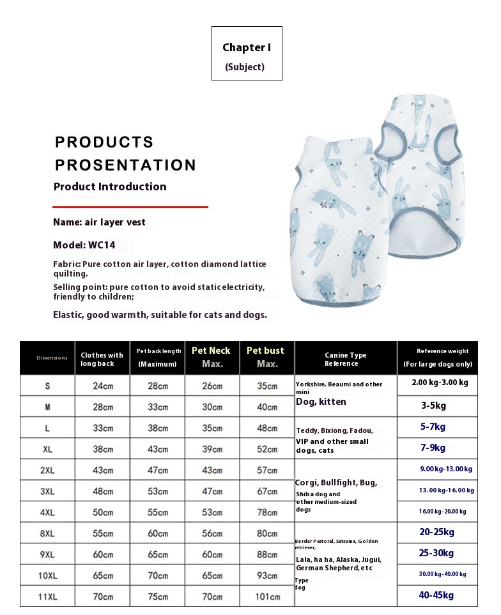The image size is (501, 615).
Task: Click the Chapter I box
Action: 247,53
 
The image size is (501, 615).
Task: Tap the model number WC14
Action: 102,245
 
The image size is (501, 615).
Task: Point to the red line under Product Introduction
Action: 130,207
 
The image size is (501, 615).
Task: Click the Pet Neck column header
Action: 212,357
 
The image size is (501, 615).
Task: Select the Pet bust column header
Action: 266,357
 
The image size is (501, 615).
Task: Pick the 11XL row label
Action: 47,596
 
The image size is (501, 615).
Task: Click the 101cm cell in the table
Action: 267,596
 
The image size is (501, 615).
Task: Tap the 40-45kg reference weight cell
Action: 437,595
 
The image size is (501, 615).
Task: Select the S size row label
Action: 47,386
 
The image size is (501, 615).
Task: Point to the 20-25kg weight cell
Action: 437,532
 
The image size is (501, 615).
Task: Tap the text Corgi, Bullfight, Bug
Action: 336,483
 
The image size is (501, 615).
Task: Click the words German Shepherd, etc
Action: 334,568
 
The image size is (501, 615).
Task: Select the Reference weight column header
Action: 437,357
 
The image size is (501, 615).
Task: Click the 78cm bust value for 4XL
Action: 267,512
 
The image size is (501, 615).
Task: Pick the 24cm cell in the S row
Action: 102,386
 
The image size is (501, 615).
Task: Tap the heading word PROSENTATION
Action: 125,165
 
